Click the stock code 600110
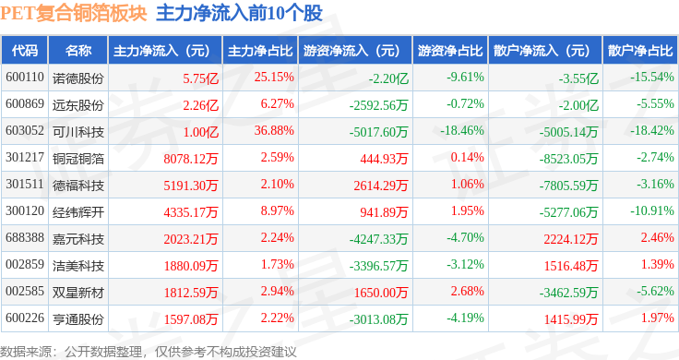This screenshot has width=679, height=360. tap(25, 78)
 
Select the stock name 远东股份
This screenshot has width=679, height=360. tap(77, 105)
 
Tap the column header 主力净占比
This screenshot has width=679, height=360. tap(260, 51)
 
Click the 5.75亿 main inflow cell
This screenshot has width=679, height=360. tap(200, 78)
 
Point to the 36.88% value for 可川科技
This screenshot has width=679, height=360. tap(274, 130)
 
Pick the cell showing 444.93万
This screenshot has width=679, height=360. tap(384, 159)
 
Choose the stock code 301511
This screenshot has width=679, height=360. tap(25, 184)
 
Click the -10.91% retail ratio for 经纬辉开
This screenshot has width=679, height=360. tap(652, 211)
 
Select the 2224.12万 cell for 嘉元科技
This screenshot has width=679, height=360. tap(571, 239)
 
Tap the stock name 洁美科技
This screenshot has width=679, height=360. tap(77, 266)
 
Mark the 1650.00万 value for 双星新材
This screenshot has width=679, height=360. tap(381, 293)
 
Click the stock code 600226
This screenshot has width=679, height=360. tap(25, 318)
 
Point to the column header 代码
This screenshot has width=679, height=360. tap(25, 51)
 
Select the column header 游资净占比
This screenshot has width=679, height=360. tap(450, 51)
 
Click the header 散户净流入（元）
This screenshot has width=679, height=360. tap(545, 51)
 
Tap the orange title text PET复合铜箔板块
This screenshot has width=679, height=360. tap(74, 13)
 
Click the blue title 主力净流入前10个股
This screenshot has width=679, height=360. tap(240, 13)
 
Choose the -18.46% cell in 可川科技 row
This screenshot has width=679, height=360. tap(462, 130)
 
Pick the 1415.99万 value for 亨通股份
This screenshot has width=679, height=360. tap(571, 319)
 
